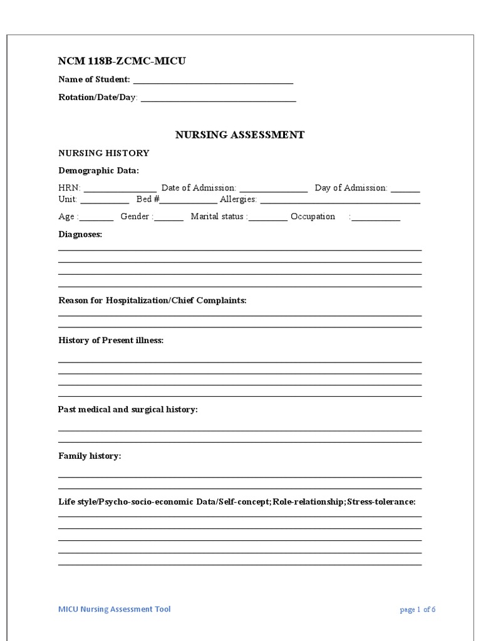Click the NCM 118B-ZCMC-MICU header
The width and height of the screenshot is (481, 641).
pyautogui.click(x=122, y=61)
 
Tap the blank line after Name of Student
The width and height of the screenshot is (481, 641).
pyautogui.click(x=213, y=80)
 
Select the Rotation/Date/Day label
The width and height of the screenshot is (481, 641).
pyautogui.click(x=97, y=98)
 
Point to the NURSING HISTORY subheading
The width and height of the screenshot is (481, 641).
pyautogui.click(x=104, y=153)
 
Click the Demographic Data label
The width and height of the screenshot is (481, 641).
pyautogui.click(x=99, y=170)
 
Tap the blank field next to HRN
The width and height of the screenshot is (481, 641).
pyautogui.click(x=120, y=189)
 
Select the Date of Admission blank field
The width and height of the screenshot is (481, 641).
pyautogui.click(x=274, y=189)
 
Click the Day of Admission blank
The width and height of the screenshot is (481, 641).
pyautogui.click(x=406, y=189)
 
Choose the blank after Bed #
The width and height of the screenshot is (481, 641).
pyautogui.click(x=189, y=200)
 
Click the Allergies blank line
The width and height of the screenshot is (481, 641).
pyautogui.click(x=340, y=200)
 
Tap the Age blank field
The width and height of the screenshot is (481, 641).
pyautogui.click(x=96, y=218)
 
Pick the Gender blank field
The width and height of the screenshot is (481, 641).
pyautogui.click(x=169, y=218)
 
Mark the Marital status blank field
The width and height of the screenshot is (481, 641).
pyautogui.click(x=268, y=218)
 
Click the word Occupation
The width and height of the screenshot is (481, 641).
pyautogui.click(x=313, y=217)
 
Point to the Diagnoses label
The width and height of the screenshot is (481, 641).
pyautogui.click(x=80, y=234)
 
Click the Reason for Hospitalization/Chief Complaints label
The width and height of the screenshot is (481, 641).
pyautogui.click(x=152, y=300)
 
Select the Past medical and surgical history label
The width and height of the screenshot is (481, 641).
pyautogui.click(x=128, y=409)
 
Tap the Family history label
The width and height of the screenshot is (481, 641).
pyautogui.click(x=90, y=456)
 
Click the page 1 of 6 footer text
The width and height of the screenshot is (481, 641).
pyautogui.click(x=417, y=610)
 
